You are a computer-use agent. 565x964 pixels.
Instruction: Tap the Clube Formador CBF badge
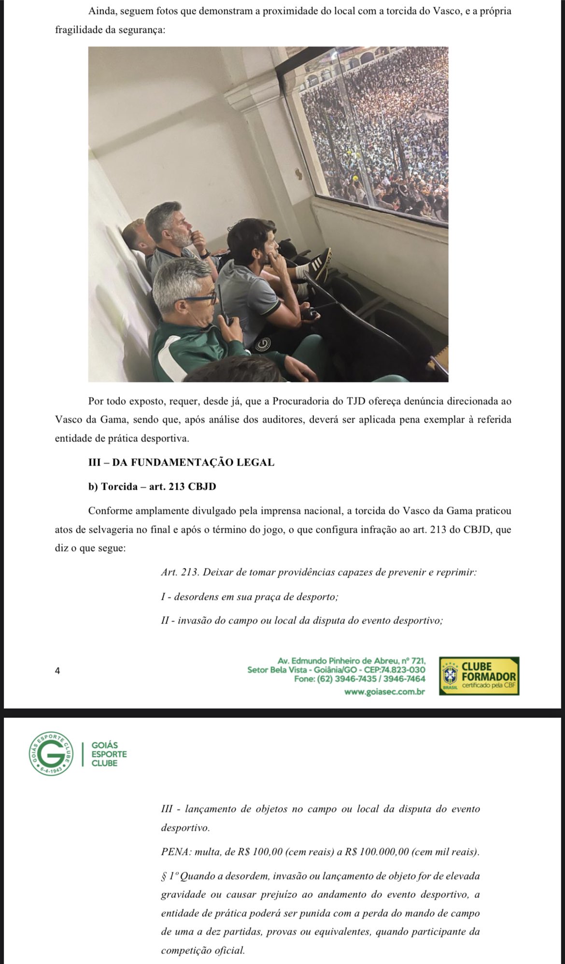click(x=479, y=676)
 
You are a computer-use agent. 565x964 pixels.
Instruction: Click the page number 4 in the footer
click(x=57, y=670)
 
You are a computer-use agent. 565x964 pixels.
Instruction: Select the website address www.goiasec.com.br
click(x=384, y=692)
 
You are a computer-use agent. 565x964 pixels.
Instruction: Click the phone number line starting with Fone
click(x=360, y=679)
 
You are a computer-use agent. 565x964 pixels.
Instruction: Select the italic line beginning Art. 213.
click(x=319, y=573)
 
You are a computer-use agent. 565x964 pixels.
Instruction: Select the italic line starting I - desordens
click(x=249, y=597)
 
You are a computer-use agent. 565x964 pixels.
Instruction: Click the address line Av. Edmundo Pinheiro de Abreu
click(x=352, y=661)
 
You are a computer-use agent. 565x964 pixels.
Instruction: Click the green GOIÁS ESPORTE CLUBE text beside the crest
click(x=109, y=753)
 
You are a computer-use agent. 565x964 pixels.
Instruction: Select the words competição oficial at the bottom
click(x=203, y=951)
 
